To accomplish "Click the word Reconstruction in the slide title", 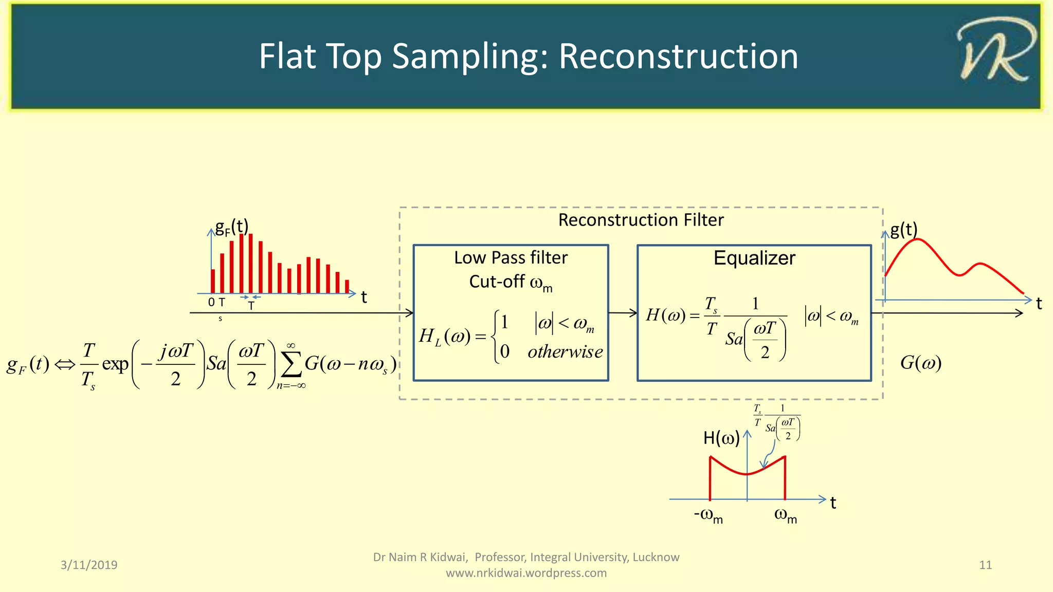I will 678,57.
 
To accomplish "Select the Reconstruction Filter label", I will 641,220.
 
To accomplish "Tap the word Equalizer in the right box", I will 754,258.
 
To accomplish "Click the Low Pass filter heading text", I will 511,257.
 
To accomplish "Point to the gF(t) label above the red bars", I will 231,227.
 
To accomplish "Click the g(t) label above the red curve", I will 903,229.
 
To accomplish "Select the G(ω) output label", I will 920,363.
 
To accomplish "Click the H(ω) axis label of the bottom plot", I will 721,438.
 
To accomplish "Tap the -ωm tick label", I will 708,515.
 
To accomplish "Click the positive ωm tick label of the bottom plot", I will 785,515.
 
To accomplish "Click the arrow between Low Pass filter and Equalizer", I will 623,312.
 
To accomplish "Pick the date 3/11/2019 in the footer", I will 89,565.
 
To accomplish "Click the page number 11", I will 985,565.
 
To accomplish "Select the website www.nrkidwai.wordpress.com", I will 526,573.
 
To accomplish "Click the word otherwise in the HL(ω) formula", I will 565,352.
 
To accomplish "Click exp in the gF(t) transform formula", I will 115,364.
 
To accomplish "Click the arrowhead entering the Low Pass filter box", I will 409,312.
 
